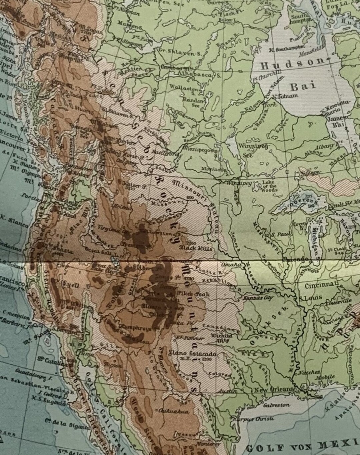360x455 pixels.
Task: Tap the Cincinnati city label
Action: [321, 286]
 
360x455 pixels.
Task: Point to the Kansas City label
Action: [259, 297]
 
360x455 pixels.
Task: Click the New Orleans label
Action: [274, 390]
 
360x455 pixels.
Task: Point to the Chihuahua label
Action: [174, 411]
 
